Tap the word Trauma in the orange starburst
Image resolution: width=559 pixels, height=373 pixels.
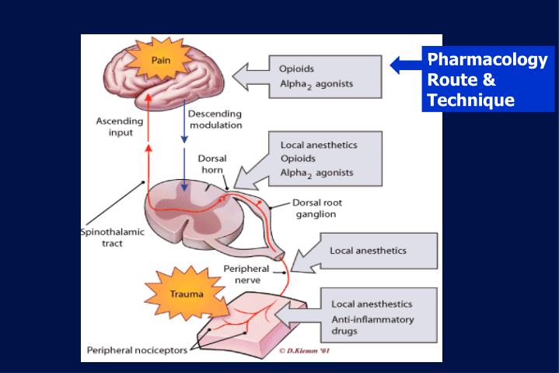pyautogui.click(x=187, y=294)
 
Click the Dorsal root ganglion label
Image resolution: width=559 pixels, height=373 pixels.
pyautogui.click(x=316, y=208)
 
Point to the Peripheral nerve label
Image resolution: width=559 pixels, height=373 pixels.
pyautogui.click(x=246, y=273)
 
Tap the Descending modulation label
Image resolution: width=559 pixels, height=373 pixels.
pyautogui.click(x=215, y=119)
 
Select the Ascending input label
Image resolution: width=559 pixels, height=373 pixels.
pyautogui.click(x=120, y=126)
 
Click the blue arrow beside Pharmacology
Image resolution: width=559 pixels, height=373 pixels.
pyautogui.click(x=405, y=64)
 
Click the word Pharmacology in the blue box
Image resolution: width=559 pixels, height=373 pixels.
pyautogui.click(x=487, y=61)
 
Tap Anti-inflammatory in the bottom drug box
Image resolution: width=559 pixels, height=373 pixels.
pyautogui.click(x=372, y=319)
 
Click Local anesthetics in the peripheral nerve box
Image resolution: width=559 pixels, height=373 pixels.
pyautogui.click(x=368, y=251)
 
